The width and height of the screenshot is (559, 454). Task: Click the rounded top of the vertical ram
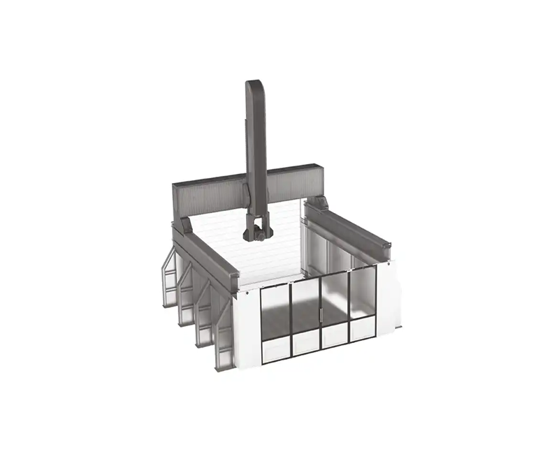(255, 87)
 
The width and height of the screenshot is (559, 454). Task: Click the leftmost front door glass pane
(275, 310)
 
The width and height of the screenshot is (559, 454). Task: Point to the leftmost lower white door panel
(276, 349)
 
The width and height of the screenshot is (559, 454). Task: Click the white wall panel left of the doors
(247, 328)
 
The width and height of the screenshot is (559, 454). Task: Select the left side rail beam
(206, 258)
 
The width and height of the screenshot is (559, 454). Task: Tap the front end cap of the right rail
(384, 253)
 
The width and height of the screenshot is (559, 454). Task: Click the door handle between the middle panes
(319, 316)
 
